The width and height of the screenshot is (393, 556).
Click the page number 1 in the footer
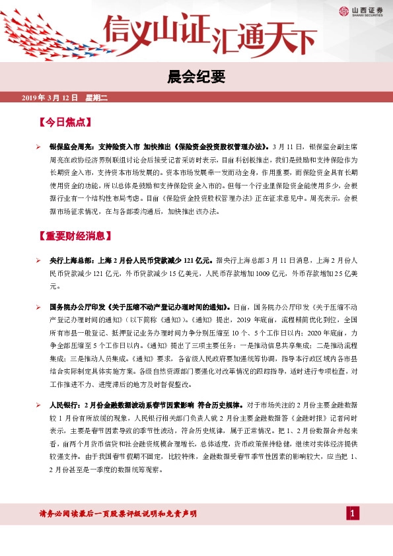pos(353,514)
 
